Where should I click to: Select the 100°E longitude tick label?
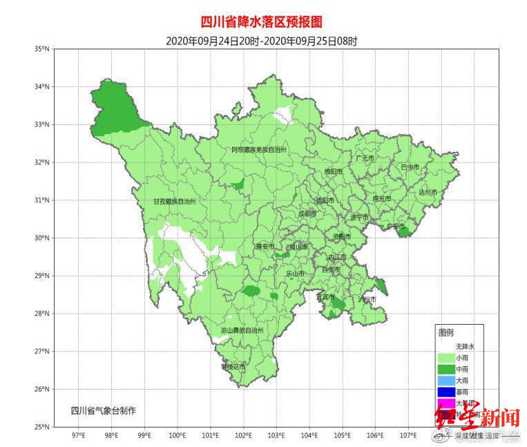(178, 436)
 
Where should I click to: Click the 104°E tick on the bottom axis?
(309, 436)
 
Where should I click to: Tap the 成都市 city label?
(307, 214)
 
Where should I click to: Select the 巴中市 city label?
(410, 167)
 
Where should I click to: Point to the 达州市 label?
(428, 193)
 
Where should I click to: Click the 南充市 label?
(381, 199)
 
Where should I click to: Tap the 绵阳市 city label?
(334, 172)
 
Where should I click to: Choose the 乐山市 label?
(295, 274)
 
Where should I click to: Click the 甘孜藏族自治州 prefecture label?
(175, 202)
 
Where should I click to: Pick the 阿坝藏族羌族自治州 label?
(258, 149)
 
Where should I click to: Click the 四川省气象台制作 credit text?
(104, 410)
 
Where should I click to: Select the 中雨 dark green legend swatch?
(445, 370)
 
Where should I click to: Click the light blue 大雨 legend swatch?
(445, 381)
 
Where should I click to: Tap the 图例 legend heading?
(446, 332)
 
